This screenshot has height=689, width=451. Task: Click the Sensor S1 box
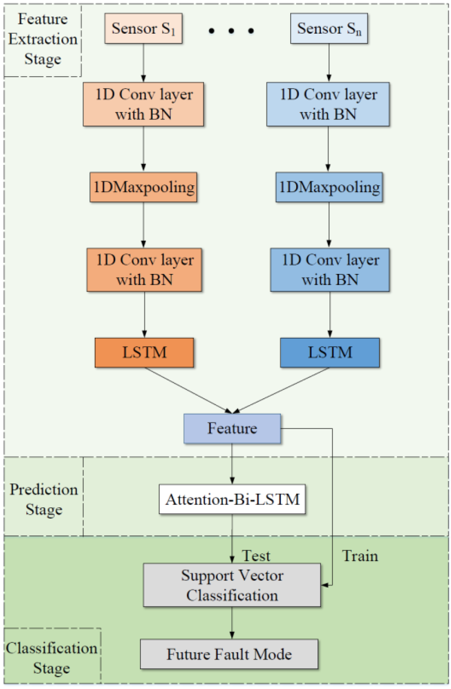pyautogui.click(x=143, y=29)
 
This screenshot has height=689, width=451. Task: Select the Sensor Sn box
pyautogui.click(x=328, y=29)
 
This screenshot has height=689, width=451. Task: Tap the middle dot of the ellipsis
pyautogui.click(x=231, y=31)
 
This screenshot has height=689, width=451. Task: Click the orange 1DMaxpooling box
pyautogui.click(x=143, y=187)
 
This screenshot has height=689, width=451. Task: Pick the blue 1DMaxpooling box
pyautogui.click(x=329, y=187)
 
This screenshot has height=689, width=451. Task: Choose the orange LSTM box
pyautogui.click(x=144, y=353)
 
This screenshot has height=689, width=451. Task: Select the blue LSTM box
pyautogui.click(x=330, y=353)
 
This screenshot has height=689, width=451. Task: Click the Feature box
pyautogui.click(x=232, y=428)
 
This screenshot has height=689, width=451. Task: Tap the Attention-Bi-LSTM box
pyautogui.click(x=232, y=499)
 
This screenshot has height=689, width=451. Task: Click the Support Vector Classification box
pyautogui.click(x=232, y=585)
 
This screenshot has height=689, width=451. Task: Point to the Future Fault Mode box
pyautogui.click(x=229, y=654)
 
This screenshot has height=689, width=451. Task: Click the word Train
pyautogui.click(x=360, y=556)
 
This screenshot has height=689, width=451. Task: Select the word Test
pyautogui.click(x=256, y=556)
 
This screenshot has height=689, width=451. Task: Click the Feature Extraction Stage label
pyautogui.click(x=43, y=39)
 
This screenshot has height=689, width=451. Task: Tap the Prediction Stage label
pyautogui.click(x=44, y=499)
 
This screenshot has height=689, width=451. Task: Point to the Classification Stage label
pyautogui.click(x=52, y=658)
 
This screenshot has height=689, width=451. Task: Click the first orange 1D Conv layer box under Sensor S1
pyautogui.click(x=143, y=104)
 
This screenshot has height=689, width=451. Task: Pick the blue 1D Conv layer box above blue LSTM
pyautogui.click(x=330, y=270)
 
